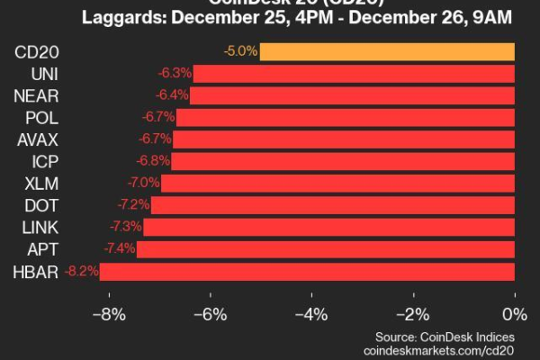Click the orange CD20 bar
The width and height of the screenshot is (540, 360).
(387, 50)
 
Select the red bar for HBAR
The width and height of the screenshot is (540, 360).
(307, 271)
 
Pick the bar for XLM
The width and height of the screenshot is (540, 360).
(337, 183)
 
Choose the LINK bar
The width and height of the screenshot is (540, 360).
(328, 227)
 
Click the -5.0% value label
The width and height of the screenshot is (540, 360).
(240, 50)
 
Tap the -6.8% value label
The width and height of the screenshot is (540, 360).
(152, 161)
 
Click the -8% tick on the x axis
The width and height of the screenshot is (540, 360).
(109, 315)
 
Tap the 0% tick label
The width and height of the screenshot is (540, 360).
(515, 315)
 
